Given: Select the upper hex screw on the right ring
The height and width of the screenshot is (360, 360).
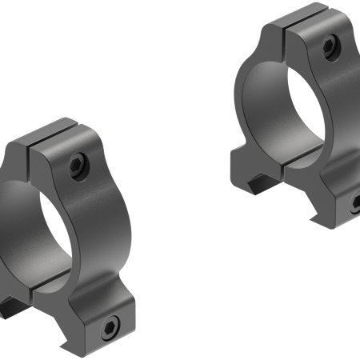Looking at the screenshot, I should coord(329,46).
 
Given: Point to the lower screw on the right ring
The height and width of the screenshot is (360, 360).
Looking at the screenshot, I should coord(355,204).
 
